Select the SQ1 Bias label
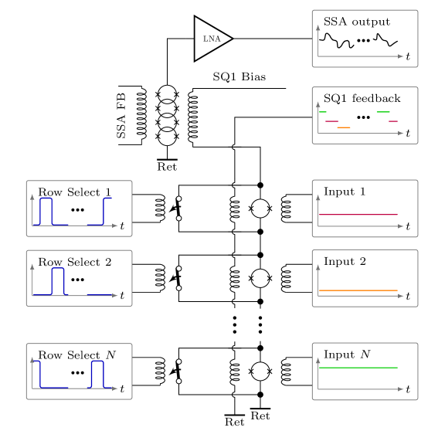[x=239, y=76]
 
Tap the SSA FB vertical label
[x=121, y=116]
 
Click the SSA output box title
[x=357, y=22]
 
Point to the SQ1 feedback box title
[x=362, y=98]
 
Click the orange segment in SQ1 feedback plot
[x=344, y=127]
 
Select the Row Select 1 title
[x=75, y=192]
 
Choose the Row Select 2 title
[x=75, y=262]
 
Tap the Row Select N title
[x=76, y=355]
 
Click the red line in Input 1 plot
[x=358, y=214]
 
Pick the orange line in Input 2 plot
[x=358, y=290]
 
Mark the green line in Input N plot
[x=358, y=368]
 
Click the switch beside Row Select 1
[x=177, y=209]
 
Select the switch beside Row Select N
[x=177, y=371]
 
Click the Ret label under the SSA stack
[x=167, y=167]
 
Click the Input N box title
[x=347, y=354]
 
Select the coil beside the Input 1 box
[x=286, y=209]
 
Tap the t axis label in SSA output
[x=408, y=56]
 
